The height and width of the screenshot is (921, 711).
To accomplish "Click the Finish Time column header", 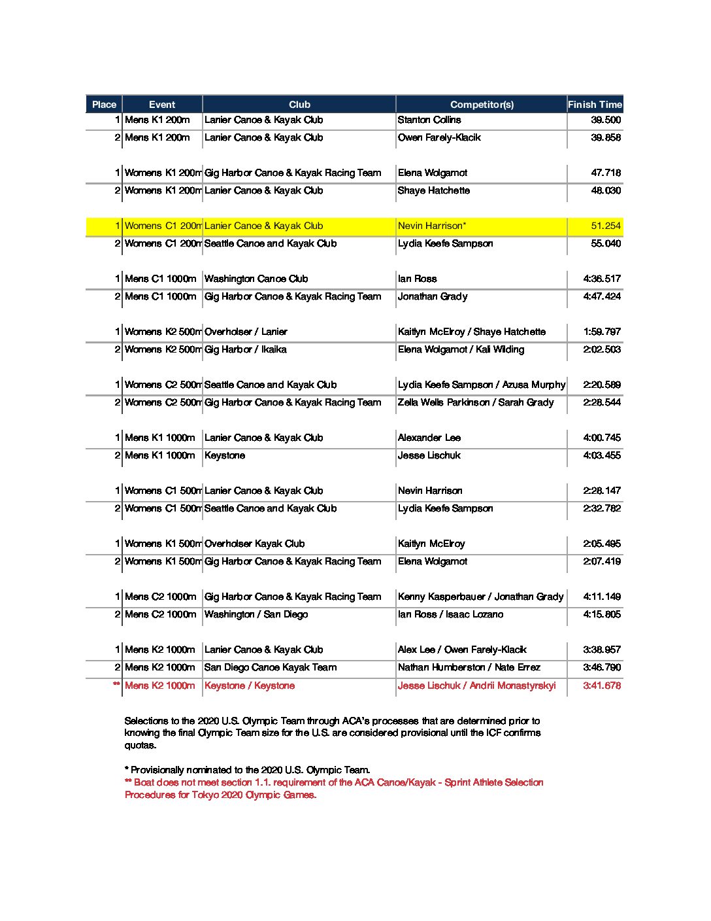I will [x=595, y=105].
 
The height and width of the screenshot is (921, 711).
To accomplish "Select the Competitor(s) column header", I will [x=482, y=105].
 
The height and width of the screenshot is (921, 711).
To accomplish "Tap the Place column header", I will [x=104, y=105].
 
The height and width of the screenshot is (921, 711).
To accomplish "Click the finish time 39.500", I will [x=606, y=120].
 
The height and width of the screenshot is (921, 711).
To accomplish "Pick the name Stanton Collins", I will [x=429, y=120].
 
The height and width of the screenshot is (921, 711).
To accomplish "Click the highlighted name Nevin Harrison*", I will [x=432, y=226].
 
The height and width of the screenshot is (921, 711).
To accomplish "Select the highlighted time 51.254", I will [x=606, y=226].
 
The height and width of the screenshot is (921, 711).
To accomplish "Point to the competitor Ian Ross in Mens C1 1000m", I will [x=418, y=279].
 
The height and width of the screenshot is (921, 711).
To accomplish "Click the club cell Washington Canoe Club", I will [x=256, y=279].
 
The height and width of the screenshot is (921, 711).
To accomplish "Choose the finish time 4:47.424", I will [x=602, y=296].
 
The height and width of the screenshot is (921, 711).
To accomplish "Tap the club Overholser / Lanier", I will [x=246, y=332].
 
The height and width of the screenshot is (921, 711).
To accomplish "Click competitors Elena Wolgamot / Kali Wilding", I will [x=461, y=349].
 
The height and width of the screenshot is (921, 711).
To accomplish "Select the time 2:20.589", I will [x=602, y=385].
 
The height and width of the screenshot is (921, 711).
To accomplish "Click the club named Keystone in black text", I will [x=225, y=455].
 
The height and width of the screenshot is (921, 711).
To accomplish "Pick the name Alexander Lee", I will [x=429, y=438].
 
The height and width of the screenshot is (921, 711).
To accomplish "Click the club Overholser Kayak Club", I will [x=254, y=544].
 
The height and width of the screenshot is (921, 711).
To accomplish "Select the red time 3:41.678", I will [x=602, y=686].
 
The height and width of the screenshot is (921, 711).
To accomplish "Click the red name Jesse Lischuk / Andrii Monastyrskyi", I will [x=476, y=686].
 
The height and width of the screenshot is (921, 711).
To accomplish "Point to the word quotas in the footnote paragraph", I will [x=141, y=745].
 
